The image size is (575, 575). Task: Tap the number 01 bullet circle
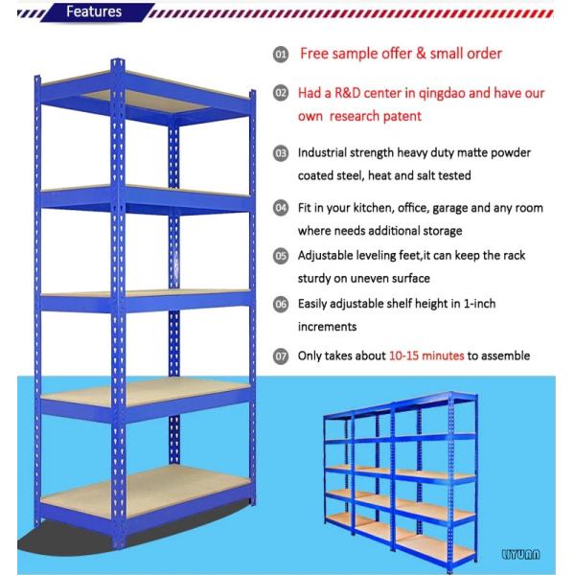click(x=281, y=55)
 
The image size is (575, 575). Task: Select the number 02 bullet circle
click(x=281, y=94)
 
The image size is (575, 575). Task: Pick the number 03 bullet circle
click(x=281, y=153)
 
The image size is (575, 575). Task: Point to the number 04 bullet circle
click(x=281, y=208)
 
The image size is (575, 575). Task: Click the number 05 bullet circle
click(x=281, y=256)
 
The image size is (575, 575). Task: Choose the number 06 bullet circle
click(x=281, y=304)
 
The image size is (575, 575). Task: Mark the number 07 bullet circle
click(x=281, y=356)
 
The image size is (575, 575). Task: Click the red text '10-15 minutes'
click(x=426, y=356)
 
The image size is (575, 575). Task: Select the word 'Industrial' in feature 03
click(x=325, y=153)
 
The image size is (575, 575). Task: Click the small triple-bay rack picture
click(x=398, y=479)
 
